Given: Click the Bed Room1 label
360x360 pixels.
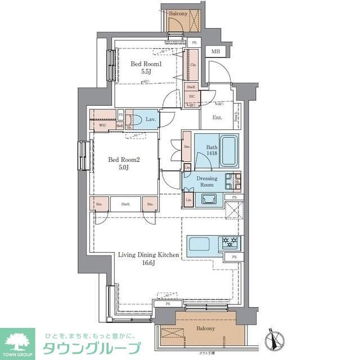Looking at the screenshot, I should point(146,64).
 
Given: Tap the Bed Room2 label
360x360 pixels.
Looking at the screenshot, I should point(123,159).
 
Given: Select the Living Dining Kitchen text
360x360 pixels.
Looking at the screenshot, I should point(148,255).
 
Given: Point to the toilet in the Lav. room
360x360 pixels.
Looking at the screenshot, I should point(132,120).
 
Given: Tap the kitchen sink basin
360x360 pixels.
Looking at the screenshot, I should point(200,245).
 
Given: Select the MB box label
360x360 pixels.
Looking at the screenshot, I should point(215,52).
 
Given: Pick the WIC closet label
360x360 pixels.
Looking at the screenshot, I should point(102,125).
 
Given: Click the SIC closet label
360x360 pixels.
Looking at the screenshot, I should point(191,97).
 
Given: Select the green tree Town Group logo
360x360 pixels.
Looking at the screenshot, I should point(17,340).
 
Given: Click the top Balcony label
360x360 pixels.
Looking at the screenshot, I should point(178,12).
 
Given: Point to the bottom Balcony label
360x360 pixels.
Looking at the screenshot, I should point(205,328).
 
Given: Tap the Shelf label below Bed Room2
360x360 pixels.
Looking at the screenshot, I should point(125,204).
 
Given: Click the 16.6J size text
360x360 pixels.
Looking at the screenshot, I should point(149,264).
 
